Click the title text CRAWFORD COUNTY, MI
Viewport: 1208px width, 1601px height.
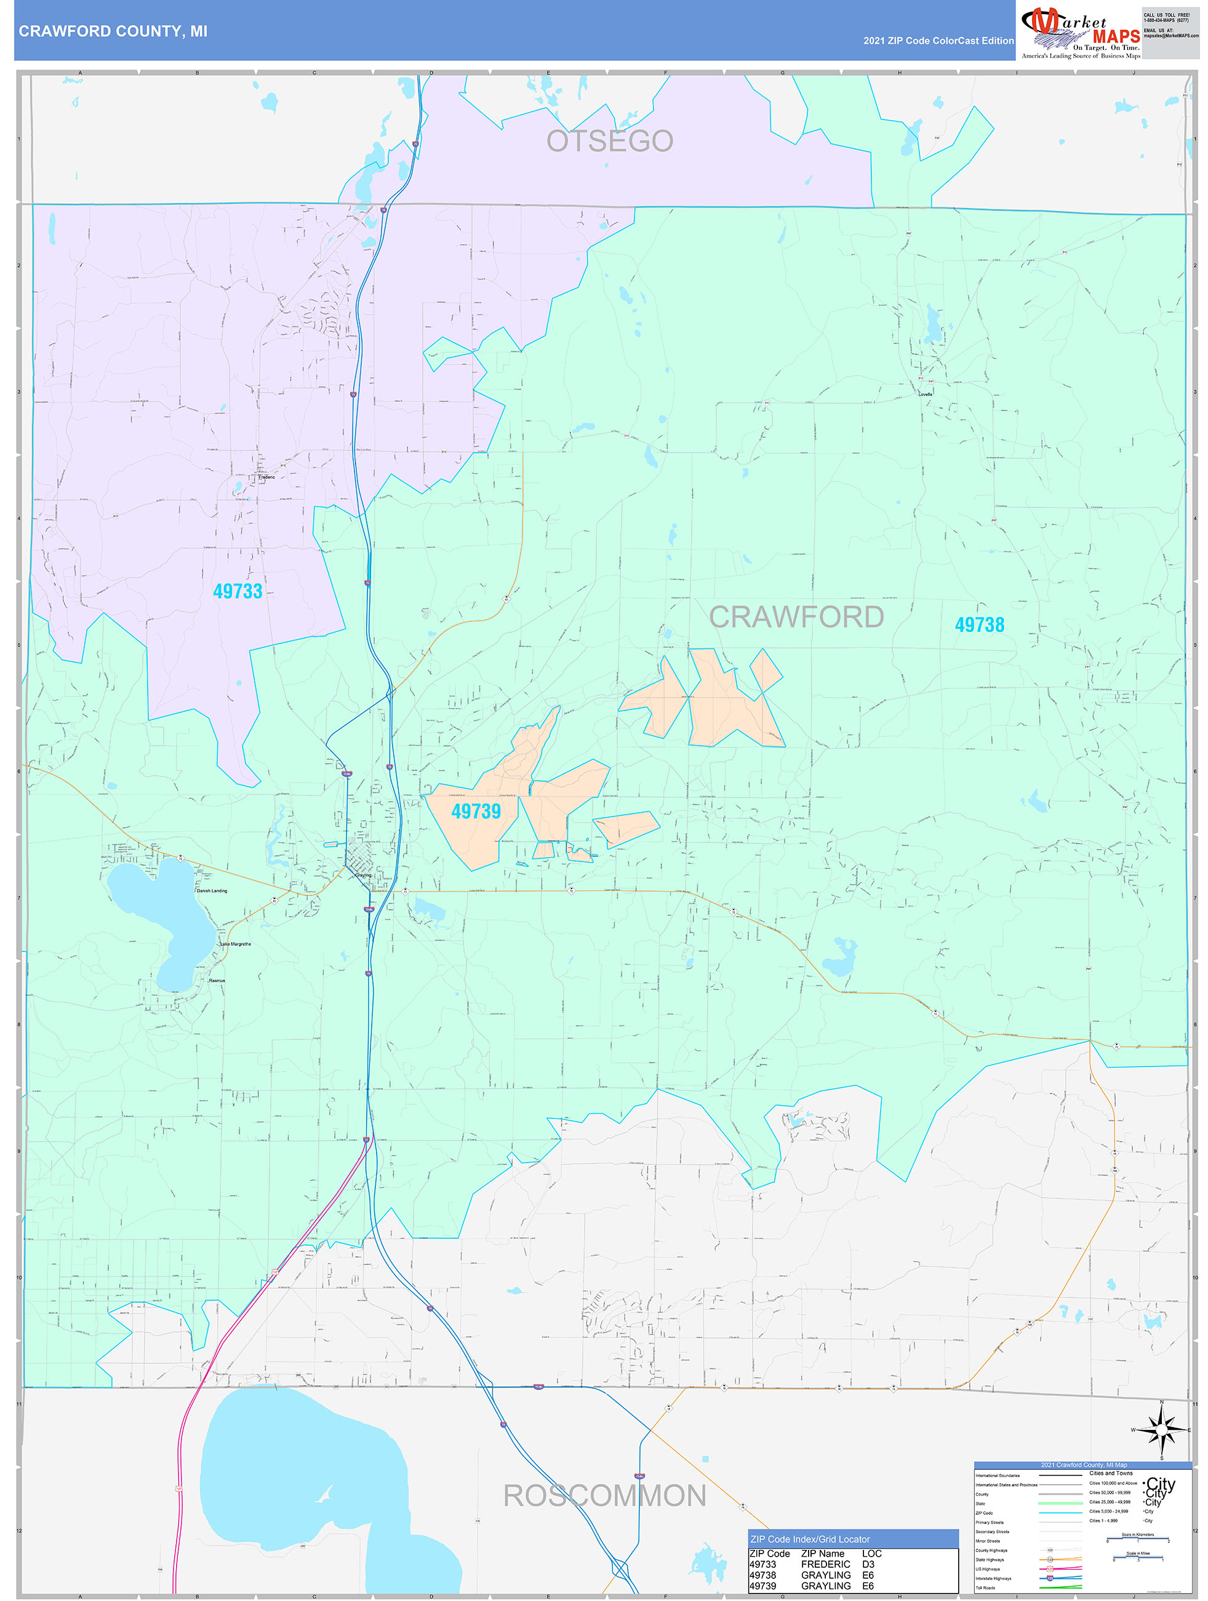point(113,31)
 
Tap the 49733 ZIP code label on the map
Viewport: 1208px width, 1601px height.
point(238,591)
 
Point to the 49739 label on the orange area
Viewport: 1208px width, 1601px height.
point(475,812)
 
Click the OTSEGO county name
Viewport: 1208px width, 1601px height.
point(609,141)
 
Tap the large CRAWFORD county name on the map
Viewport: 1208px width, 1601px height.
point(796,616)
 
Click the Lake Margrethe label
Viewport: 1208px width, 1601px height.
point(235,944)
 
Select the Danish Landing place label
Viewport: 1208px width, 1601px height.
point(212,890)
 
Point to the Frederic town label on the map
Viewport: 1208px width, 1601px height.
point(266,477)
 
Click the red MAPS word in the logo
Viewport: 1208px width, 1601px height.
point(1116,36)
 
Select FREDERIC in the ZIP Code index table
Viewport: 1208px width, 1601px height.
point(825,1563)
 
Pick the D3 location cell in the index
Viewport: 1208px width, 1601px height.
point(868,1563)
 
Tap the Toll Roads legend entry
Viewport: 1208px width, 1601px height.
point(985,1587)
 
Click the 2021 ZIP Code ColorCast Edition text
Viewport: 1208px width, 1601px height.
point(938,41)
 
